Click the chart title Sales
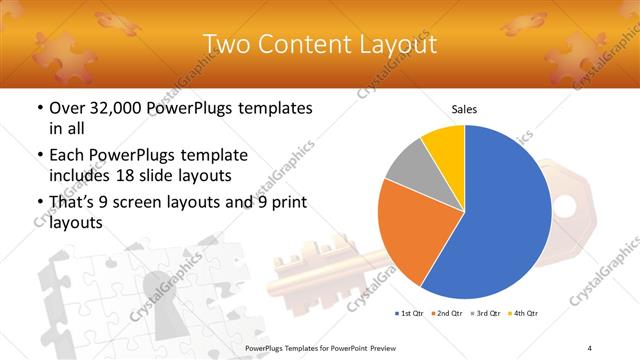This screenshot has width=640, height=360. [464, 108]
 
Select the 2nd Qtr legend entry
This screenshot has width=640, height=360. [446, 313]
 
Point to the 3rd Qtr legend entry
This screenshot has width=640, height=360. [485, 313]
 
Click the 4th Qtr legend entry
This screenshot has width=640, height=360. [522, 313]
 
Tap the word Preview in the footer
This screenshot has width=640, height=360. [381, 348]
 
